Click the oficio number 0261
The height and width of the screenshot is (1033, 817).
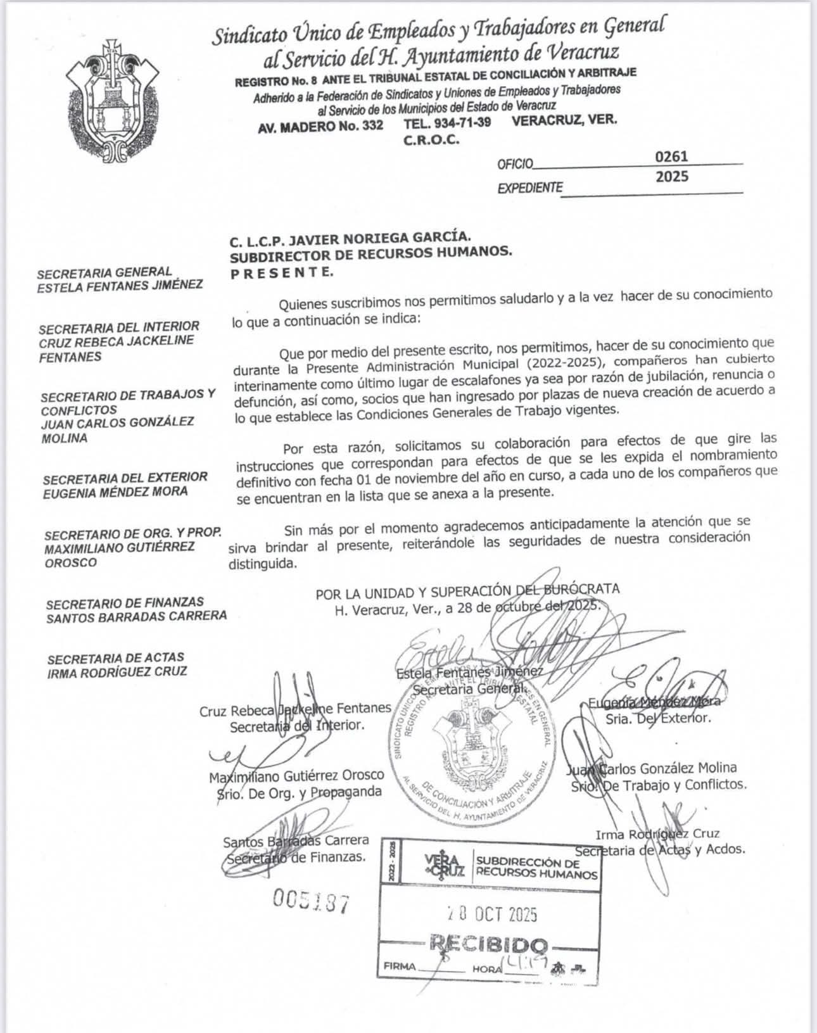tap(671, 156)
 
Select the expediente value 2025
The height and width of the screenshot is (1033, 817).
tap(671, 177)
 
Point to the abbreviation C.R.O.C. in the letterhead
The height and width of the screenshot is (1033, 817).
tap(431, 140)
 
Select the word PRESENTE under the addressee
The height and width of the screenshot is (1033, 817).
tap(281, 272)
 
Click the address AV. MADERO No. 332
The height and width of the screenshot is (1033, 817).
tap(320, 125)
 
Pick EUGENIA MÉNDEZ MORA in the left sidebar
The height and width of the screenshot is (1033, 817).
tap(115, 491)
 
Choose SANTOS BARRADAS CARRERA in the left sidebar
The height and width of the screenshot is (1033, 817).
tap(136, 616)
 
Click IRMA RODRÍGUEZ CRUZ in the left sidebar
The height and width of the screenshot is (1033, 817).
tap(117, 672)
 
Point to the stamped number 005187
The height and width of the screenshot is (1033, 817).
tap(310, 899)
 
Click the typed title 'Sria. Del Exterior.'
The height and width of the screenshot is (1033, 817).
tap(658, 718)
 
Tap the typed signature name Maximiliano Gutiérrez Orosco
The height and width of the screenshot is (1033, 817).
tap(297, 775)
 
